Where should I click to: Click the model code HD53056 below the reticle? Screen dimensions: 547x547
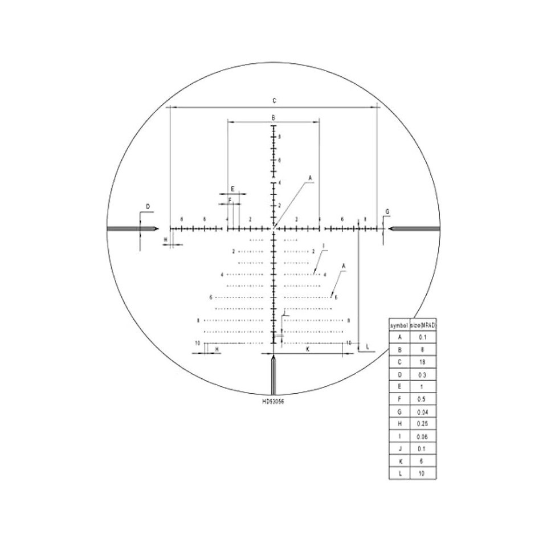click(x=273, y=401)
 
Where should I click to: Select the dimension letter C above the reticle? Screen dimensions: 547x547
click(x=273, y=101)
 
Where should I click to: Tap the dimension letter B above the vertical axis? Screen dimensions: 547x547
click(x=273, y=117)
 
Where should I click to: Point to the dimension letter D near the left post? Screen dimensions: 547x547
click(x=147, y=206)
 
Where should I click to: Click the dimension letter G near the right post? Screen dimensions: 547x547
click(x=387, y=212)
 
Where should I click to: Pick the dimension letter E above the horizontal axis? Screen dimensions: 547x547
click(x=232, y=189)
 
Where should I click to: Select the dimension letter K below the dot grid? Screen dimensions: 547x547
click(x=307, y=349)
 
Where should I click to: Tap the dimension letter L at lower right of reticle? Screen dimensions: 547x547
click(x=368, y=346)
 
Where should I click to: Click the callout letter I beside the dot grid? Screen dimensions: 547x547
click(x=323, y=247)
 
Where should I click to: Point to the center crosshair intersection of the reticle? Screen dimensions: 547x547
click(x=273, y=228)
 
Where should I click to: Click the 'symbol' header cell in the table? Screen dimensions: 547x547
click(x=399, y=325)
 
